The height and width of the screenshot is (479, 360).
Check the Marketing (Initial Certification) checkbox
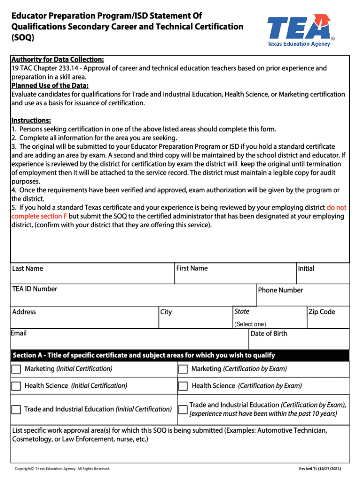(16, 369)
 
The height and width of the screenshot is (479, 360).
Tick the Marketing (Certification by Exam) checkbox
(183, 369)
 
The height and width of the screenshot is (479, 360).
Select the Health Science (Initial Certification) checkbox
(16, 386)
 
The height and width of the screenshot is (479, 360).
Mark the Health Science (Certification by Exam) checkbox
(183, 386)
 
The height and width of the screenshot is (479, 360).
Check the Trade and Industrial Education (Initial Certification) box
(16, 409)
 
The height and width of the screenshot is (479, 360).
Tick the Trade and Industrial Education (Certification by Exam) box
(183, 409)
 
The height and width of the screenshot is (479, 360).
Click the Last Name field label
(28, 269)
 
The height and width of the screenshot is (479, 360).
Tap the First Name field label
(192, 268)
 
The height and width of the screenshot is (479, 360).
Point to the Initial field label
(306, 269)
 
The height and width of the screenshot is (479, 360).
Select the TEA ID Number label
(35, 289)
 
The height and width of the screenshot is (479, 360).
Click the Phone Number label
(281, 290)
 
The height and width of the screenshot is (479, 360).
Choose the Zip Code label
(322, 312)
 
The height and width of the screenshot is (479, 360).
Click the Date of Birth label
(269, 334)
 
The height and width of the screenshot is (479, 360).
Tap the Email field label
(20, 333)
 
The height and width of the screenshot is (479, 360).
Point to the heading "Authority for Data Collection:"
(58, 59)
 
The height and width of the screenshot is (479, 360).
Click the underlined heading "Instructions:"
(31, 120)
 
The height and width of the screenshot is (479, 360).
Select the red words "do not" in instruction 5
(337, 207)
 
